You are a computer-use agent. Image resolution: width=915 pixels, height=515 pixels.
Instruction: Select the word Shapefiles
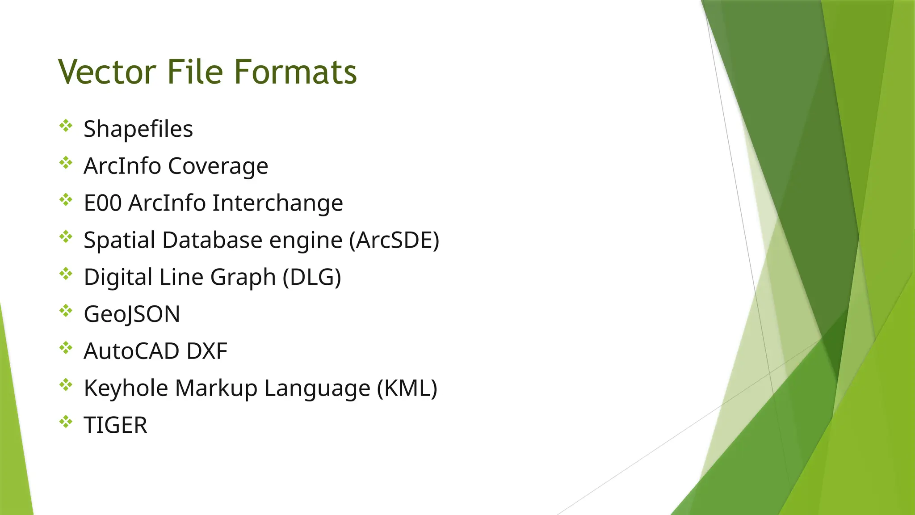pos(138,129)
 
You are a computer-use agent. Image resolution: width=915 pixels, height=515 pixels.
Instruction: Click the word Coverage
pos(218,166)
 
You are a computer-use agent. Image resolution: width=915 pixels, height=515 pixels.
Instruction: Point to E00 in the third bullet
pos(102,203)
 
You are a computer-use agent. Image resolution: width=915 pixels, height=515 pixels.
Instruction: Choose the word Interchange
pos(277,203)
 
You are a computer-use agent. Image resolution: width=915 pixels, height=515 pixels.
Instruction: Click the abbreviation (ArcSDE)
pos(394,240)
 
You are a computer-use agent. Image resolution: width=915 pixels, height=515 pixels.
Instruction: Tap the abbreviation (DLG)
pos(312,277)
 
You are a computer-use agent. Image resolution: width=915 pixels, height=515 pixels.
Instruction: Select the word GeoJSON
pos(132,314)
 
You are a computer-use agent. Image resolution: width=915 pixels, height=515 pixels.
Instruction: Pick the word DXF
pos(207,351)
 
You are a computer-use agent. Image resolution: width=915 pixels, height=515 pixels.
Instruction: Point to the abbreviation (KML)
pos(407,388)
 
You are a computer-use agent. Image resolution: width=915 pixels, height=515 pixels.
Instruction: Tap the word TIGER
pos(115,425)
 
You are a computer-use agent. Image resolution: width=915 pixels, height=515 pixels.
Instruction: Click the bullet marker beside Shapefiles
pos(66,126)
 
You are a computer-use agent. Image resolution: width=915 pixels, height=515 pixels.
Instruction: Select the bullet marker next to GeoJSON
pos(66,311)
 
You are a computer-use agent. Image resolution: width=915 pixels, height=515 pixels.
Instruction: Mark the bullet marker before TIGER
pos(66,422)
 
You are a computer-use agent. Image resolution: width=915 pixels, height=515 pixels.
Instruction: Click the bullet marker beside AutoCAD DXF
pos(66,348)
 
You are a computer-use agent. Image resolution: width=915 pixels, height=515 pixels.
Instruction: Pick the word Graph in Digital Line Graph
pos(243,277)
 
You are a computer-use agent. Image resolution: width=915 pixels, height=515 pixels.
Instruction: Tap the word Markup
pos(216,388)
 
